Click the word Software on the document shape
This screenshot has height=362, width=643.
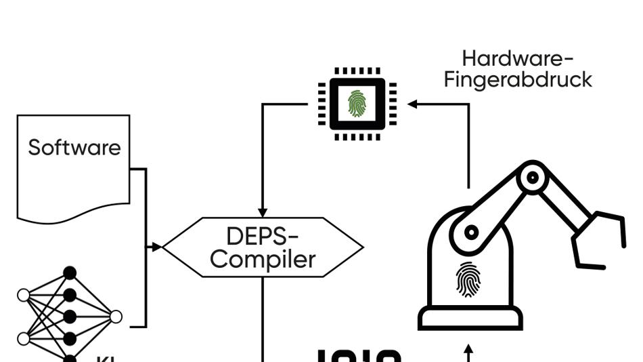pos(74,148)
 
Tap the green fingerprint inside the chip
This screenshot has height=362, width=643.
pos(357,104)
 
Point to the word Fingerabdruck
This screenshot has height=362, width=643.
pos(518,79)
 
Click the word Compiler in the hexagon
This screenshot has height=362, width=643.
pos(263,259)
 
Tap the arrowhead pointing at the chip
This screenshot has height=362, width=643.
pos(412,104)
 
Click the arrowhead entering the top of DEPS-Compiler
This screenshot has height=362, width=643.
pos(263,212)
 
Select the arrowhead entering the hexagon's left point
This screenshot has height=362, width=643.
pos(157,247)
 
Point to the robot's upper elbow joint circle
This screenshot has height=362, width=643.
pos(533,178)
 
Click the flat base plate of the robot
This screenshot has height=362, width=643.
pos(470,318)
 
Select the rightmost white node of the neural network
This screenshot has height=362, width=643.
pos(116,317)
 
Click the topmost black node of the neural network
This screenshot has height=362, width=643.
pos(70,273)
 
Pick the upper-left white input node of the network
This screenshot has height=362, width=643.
pos(24,295)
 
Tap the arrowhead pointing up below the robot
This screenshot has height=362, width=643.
pos(468,351)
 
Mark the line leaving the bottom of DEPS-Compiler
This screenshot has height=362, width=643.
pos(263,319)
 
